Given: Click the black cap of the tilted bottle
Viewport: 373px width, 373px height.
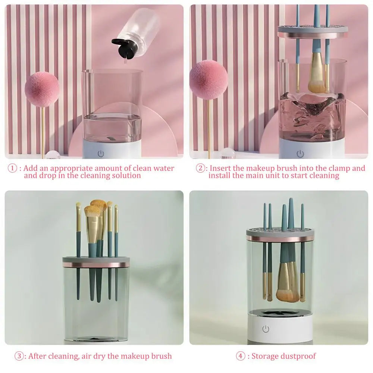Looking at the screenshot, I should (x=123, y=48).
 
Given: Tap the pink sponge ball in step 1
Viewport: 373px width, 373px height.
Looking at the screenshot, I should (x=41, y=89).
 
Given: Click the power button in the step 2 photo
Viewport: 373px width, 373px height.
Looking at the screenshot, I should (x=300, y=154).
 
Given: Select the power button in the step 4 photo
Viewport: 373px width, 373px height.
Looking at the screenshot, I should (x=266, y=329).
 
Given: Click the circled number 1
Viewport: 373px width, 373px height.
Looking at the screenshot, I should (x=12, y=168).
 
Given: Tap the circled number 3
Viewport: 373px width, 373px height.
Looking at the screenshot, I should (x=19, y=356).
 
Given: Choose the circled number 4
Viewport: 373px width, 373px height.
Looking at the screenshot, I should (x=241, y=356).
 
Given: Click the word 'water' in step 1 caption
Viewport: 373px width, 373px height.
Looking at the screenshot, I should (x=164, y=168).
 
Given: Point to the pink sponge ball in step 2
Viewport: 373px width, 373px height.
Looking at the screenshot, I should (x=208, y=79).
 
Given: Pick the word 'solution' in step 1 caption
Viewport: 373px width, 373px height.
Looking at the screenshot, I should (x=126, y=175).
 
